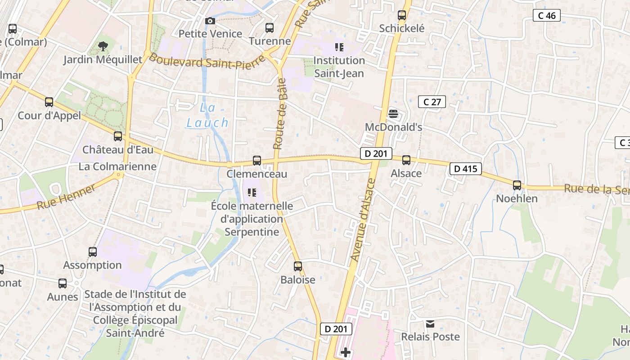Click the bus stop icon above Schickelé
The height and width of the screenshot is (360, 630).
402,15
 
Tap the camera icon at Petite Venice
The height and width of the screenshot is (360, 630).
210,21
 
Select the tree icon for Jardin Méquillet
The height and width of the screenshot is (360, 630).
103,46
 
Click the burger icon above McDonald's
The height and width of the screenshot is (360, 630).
393,114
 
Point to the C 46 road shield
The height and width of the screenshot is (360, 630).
547,16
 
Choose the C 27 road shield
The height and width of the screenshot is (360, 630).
432,102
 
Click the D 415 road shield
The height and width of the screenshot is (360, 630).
466,169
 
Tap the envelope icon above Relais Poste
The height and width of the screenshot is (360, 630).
430,324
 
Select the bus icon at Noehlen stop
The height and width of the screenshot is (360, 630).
517,185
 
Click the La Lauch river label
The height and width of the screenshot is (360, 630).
207,115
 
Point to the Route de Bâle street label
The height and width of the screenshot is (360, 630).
280,114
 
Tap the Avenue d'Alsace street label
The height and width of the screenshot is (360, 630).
363,220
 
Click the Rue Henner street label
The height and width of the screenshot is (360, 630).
66,197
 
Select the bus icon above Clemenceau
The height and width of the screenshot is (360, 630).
257,161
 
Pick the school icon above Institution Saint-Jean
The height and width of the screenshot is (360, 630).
339,47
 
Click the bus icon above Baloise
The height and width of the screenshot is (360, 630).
298,266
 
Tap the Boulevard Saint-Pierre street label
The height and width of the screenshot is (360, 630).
207,61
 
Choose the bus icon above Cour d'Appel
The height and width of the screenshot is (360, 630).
49,102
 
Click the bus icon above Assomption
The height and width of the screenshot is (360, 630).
93,252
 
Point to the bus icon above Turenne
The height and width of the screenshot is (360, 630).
270,28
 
